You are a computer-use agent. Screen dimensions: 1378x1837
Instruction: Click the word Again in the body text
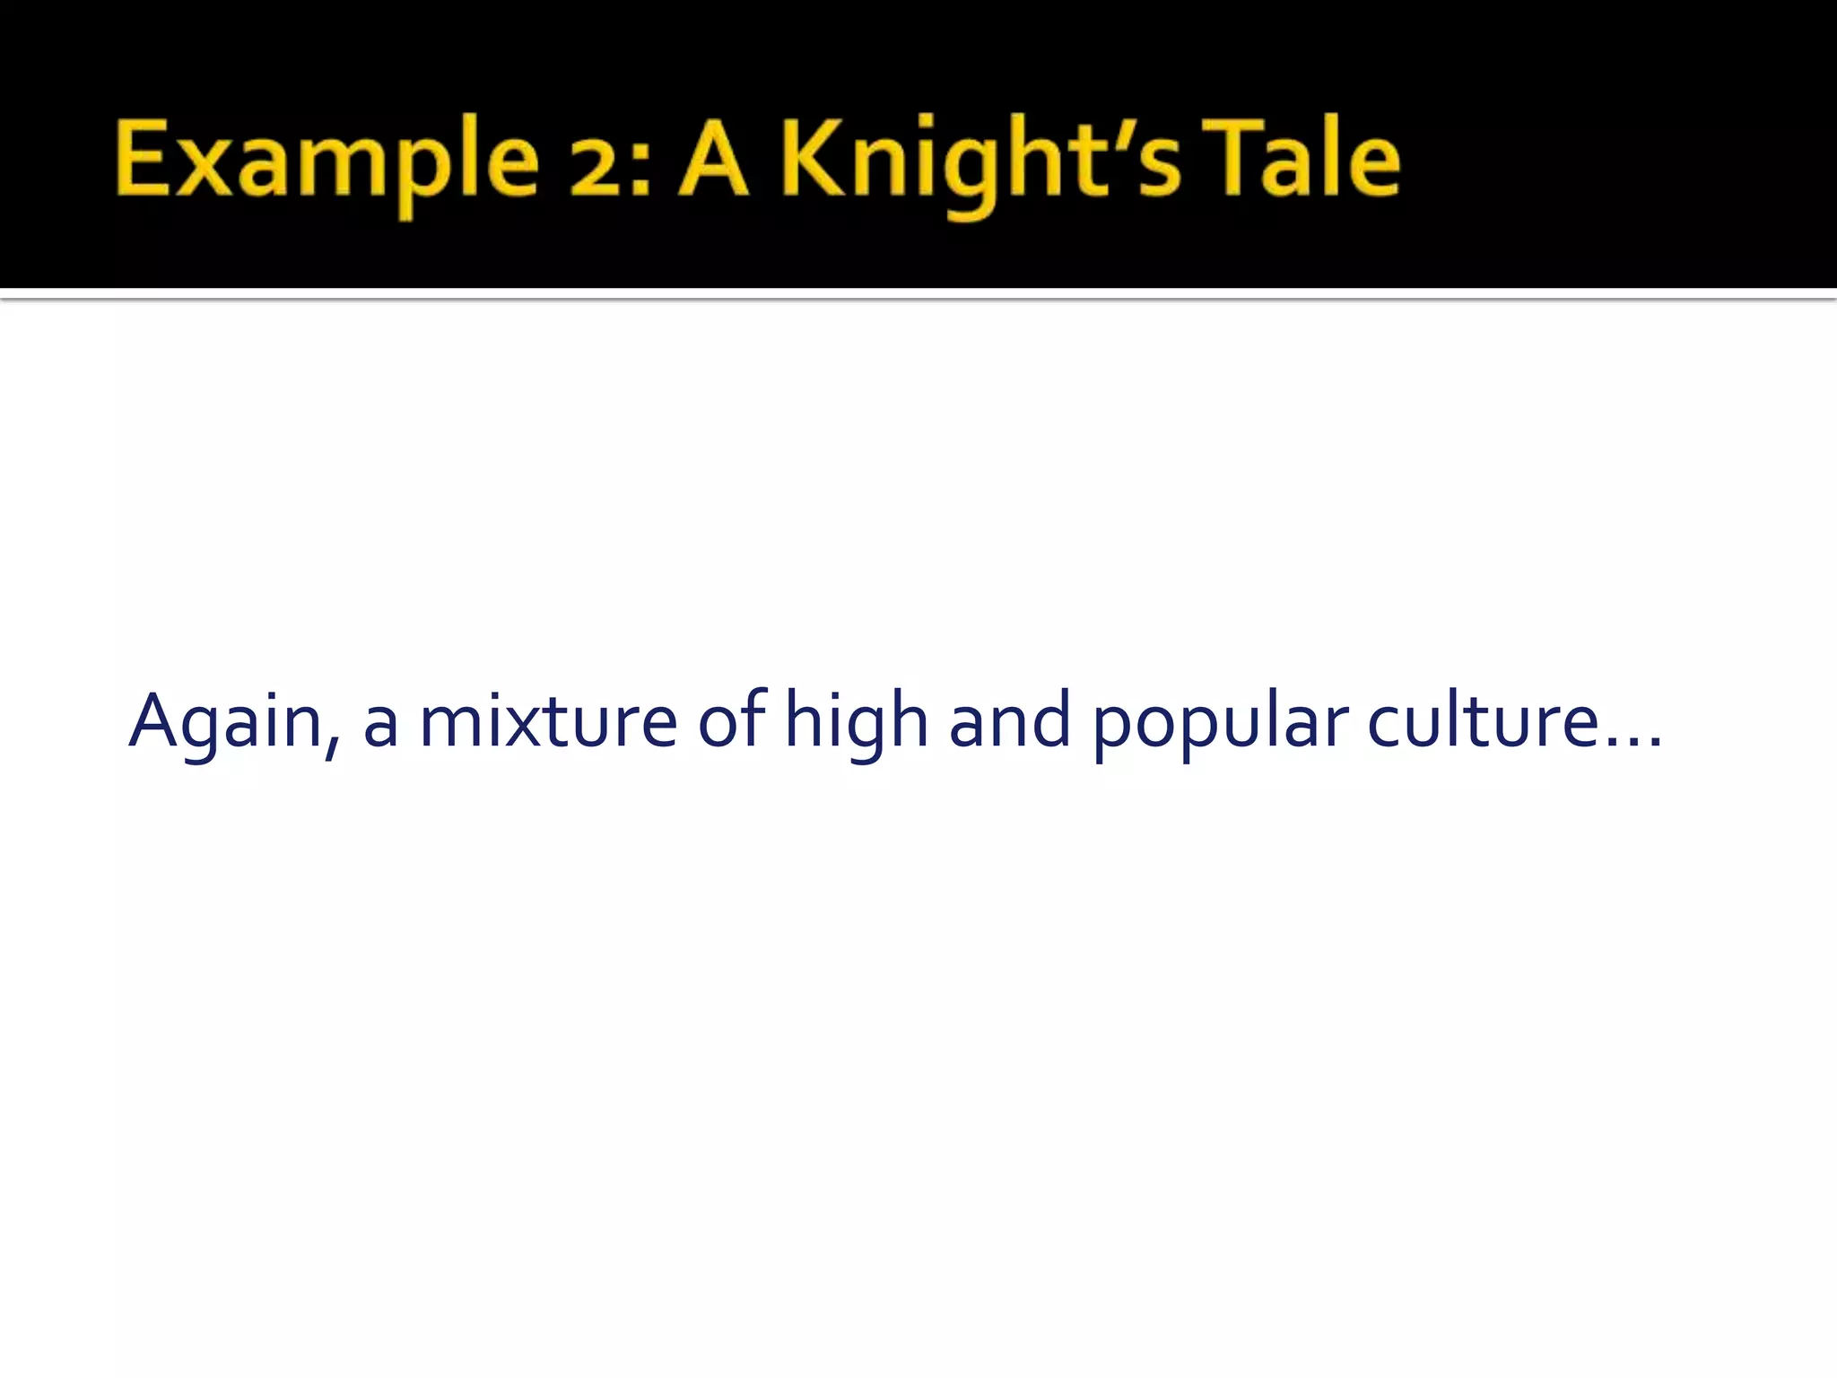tap(225, 722)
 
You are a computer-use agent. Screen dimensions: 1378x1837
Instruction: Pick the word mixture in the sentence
tap(548, 722)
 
